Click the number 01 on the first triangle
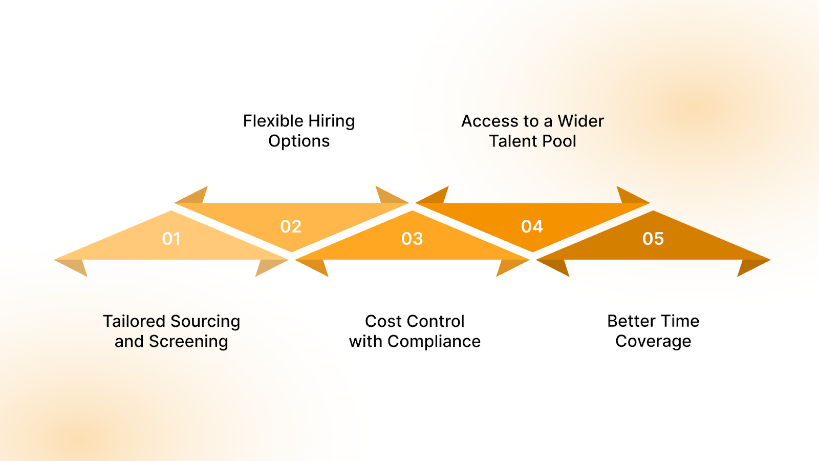(171, 239)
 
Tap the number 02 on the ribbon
(291, 226)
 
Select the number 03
(412, 239)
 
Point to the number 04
(532, 226)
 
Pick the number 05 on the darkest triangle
(653, 239)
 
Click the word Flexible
(273, 121)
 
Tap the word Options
(299, 141)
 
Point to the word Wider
(580, 121)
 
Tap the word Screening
(188, 342)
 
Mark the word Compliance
(434, 342)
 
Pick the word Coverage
(653, 342)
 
